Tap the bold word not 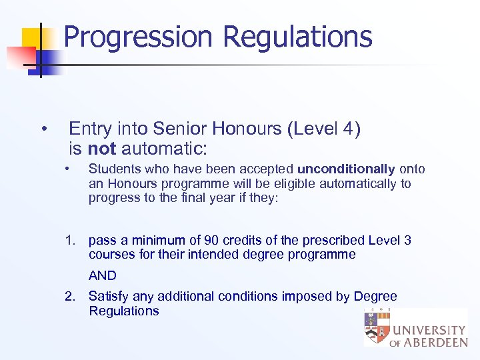click(102, 147)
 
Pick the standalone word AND click(102, 275)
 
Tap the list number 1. click(70, 240)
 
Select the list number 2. click(70, 296)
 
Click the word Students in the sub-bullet click(113, 169)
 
